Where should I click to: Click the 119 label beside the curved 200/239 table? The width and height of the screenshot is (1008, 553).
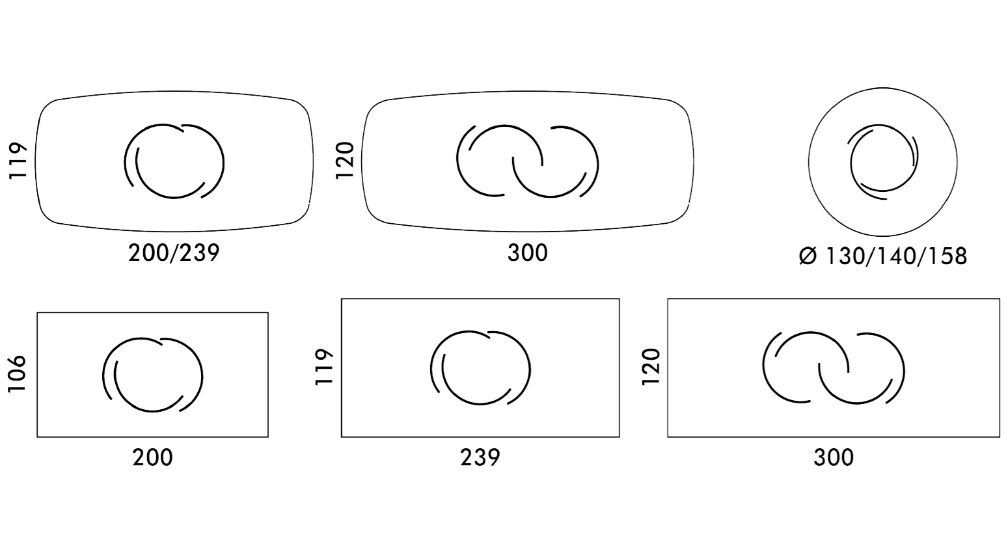click(18, 161)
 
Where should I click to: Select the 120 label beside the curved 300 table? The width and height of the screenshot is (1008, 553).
click(345, 160)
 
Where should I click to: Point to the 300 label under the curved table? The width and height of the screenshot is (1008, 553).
click(527, 253)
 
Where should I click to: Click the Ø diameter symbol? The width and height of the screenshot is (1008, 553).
click(808, 256)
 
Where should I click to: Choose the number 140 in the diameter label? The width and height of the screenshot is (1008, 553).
click(893, 256)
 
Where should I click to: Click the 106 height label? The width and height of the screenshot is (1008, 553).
click(17, 374)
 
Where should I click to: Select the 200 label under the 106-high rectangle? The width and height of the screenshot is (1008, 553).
click(152, 458)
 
